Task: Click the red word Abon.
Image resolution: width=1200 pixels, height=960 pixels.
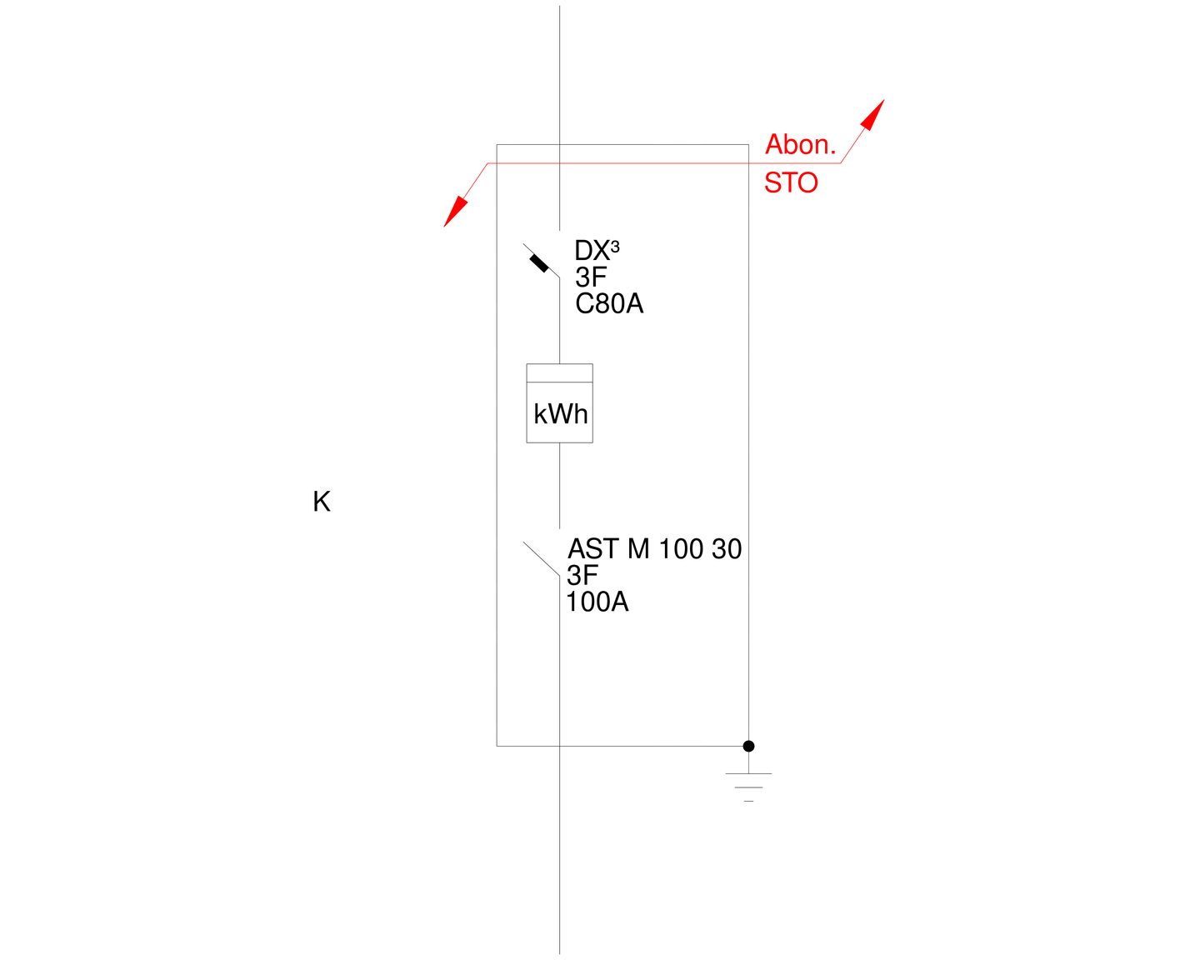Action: coord(800,144)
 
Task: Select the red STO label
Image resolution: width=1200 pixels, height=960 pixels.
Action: coord(791,183)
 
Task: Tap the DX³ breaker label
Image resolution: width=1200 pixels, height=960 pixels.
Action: coord(597,250)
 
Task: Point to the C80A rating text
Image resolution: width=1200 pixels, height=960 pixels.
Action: coord(609,303)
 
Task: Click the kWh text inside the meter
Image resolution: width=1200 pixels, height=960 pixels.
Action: coord(560,414)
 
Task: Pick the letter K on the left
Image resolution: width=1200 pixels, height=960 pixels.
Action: coord(322,501)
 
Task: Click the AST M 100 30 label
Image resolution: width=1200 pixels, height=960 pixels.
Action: coord(654,549)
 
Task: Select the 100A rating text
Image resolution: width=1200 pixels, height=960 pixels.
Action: coord(597,602)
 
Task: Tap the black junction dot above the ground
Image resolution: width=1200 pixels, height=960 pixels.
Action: coord(748,746)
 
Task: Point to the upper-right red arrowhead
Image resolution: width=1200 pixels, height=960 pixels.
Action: coord(872,115)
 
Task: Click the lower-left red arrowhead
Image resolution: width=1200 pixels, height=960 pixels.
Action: coord(456,212)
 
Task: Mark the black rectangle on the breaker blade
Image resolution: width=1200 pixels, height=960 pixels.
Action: coord(538,263)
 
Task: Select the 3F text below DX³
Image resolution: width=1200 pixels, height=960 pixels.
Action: coord(591,277)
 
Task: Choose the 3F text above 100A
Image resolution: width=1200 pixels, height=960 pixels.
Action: coord(582,575)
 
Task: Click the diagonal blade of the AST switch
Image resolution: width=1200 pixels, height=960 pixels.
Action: coord(541,557)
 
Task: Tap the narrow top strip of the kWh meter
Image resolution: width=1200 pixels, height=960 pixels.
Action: coord(559,372)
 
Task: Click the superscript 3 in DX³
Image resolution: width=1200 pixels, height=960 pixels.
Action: coord(614,246)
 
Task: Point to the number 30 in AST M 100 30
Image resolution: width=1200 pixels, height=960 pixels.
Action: coord(727,549)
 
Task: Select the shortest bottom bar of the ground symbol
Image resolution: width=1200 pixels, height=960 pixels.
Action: coord(748,801)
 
